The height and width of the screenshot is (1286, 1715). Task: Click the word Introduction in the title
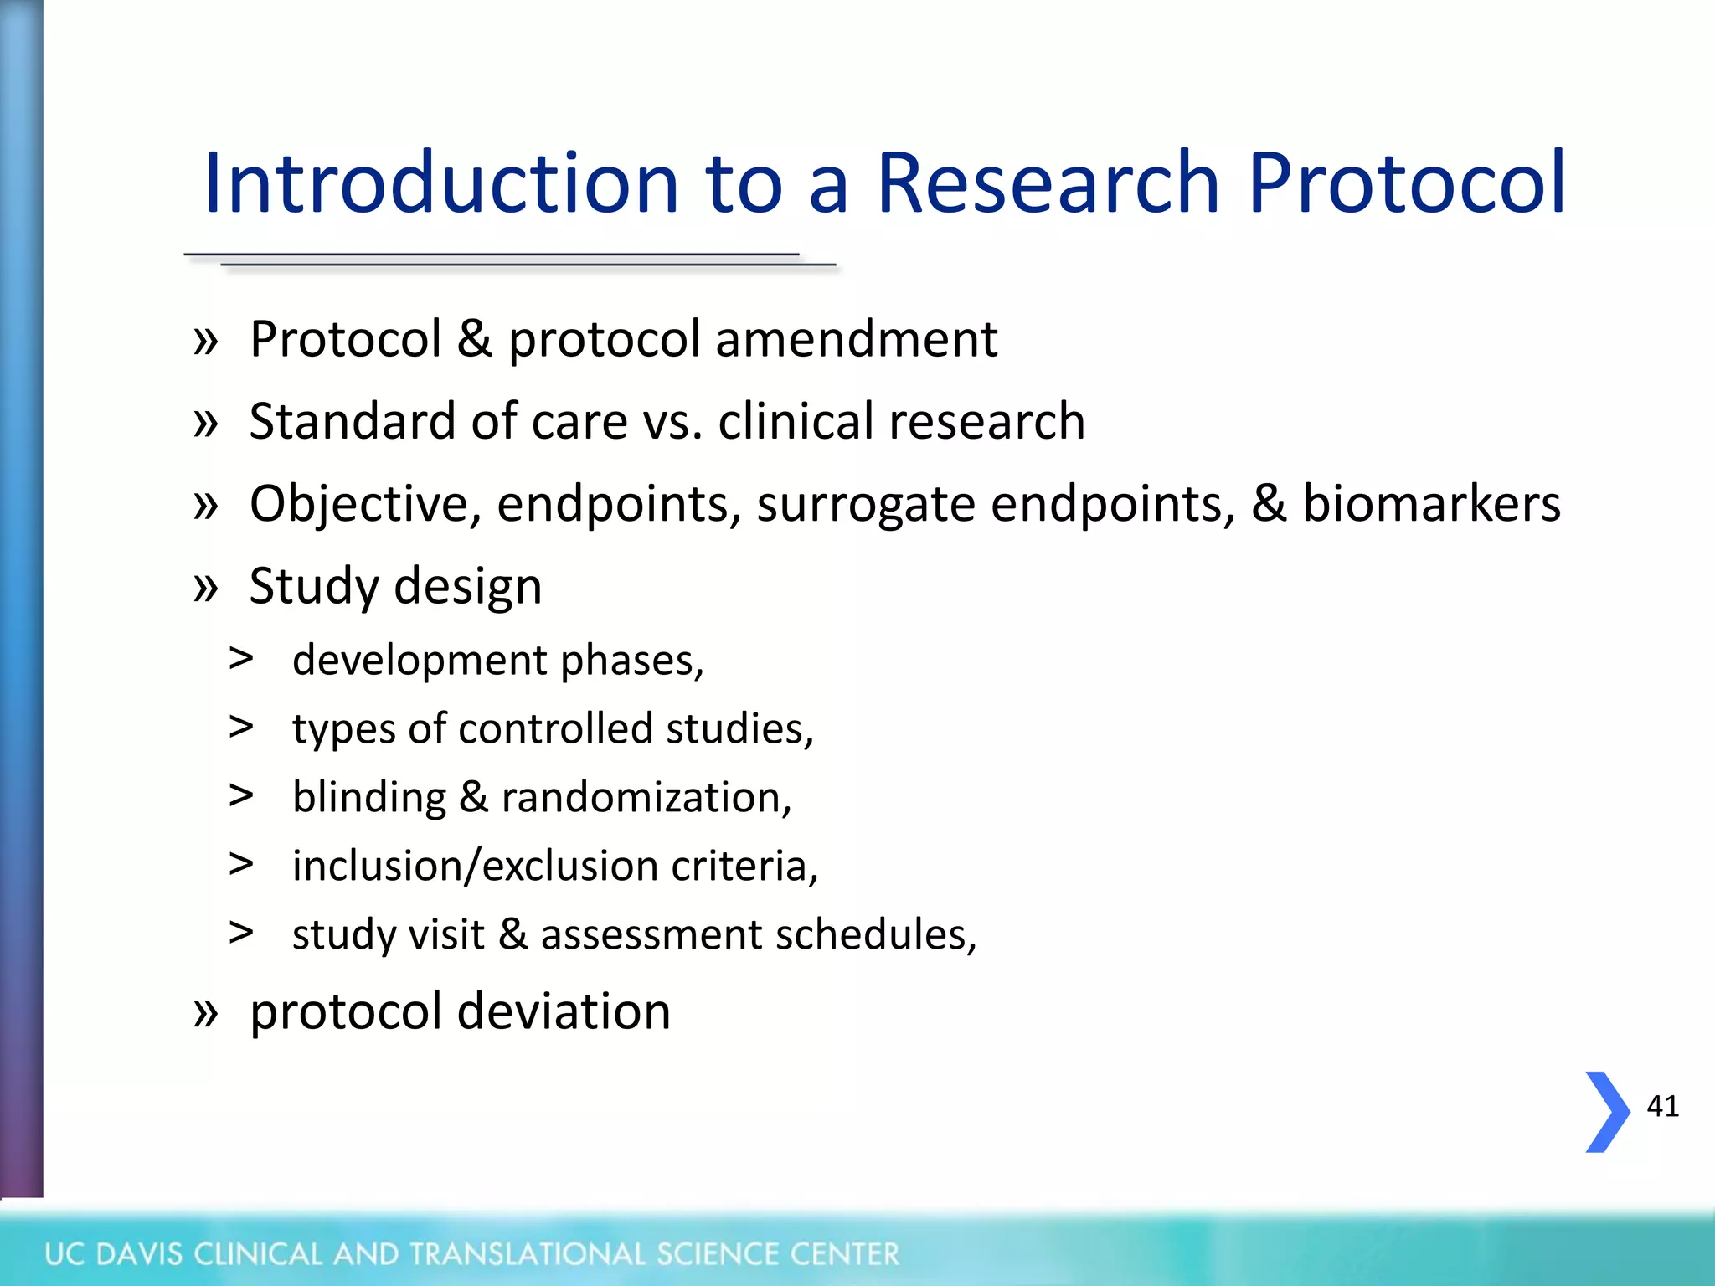tap(440, 183)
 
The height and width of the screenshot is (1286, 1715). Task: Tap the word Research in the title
tap(1048, 183)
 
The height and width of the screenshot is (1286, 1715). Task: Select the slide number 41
tap(1662, 1106)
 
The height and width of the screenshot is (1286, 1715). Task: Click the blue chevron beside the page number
tap(1607, 1112)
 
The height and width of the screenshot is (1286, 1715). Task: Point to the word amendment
tap(856, 339)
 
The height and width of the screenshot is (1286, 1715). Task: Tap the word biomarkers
tap(1431, 503)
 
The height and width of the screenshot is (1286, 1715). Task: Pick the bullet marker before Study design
tap(205, 585)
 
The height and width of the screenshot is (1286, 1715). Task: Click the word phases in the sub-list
tap(631, 661)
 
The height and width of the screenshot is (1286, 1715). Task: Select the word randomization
tap(646, 797)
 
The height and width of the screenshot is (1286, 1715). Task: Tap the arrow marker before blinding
tap(241, 795)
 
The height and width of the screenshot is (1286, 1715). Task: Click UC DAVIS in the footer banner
tap(114, 1254)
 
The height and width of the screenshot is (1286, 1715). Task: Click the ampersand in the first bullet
tap(475, 339)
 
